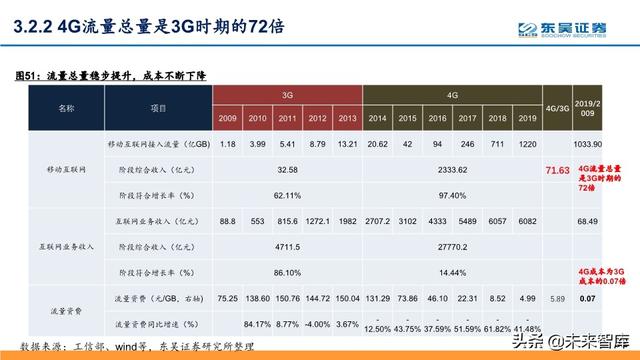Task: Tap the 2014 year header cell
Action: coord(377,118)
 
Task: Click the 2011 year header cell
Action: coord(287,118)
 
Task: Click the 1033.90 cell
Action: coord(588,144)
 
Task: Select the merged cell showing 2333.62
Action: coord(451,170)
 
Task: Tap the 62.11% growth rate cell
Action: coord(287,194)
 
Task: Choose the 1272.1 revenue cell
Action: coord(317,220)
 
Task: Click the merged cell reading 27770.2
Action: coord(451,245)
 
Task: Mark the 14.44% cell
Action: coord(451,270)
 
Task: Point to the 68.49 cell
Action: coord(588,220)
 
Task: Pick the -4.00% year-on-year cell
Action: coord(317,322)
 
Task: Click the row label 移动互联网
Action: coord(66,170)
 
